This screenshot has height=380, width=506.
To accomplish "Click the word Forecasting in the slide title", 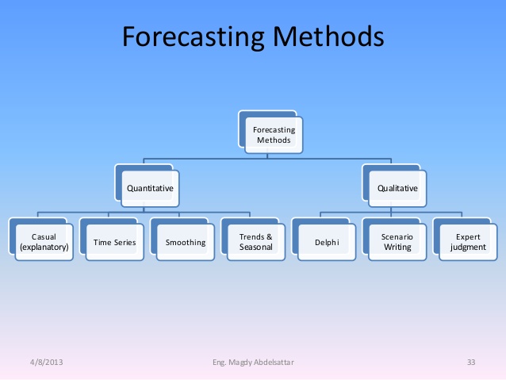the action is pos(194,37).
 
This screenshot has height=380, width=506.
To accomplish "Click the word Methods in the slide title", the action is pos(328,36).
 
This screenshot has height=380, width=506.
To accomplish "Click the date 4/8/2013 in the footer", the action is pos(47,363).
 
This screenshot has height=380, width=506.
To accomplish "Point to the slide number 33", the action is pos(471,363).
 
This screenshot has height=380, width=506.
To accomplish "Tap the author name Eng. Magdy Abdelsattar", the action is pos(253,363).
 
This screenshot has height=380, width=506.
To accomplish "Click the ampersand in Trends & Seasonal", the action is pos(270,237).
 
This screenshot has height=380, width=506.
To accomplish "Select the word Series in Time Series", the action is pos(125,243).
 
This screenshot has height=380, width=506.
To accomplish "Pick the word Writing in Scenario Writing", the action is pos(397,248).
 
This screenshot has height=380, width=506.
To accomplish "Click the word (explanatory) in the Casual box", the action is pos(44,248).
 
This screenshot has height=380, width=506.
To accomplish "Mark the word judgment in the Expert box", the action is pos(468,248).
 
